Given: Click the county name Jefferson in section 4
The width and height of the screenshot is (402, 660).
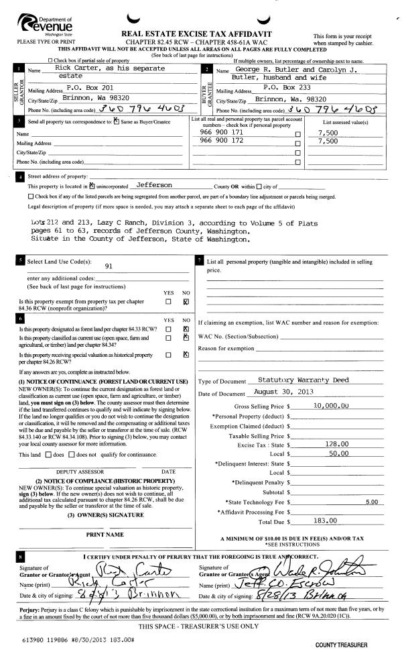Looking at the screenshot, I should coord(153,184).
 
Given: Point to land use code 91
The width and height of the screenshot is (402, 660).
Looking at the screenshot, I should coord(109,265).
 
